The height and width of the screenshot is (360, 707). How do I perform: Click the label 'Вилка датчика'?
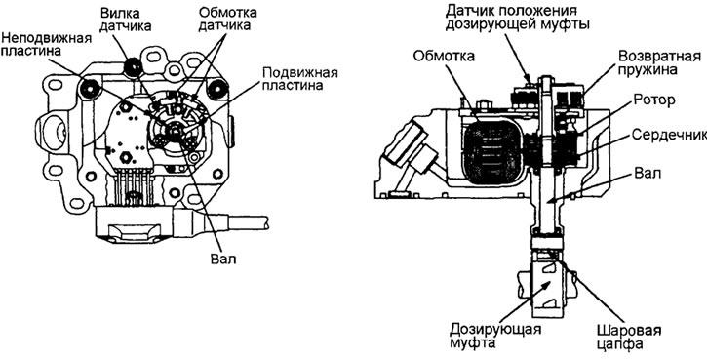[125, 19]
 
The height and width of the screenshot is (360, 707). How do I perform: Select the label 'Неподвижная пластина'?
[47, 43]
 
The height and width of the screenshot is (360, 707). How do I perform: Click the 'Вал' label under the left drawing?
[223, 260]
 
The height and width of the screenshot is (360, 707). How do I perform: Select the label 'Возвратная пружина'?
[659, 62]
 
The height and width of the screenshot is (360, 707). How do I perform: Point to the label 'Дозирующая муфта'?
[494, 336]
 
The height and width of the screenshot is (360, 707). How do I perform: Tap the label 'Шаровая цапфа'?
[629, 337]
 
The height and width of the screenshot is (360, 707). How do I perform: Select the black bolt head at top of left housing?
[134, 67]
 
